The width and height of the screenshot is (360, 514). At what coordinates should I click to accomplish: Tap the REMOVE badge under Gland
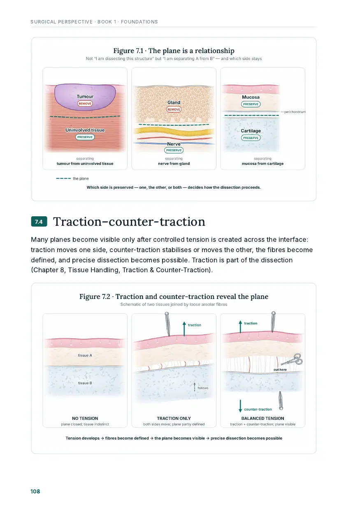click(x=174, y=109)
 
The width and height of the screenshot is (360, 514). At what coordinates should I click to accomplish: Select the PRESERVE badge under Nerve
click(x=174, y=150)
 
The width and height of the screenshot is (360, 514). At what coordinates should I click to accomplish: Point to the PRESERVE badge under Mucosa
click(x=251, y=104)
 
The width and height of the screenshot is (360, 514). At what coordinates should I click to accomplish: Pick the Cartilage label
click(x=251, y=131)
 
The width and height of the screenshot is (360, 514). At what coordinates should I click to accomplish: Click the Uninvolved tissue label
click(x=85, y=130)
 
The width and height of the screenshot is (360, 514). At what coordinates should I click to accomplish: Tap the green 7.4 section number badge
click(x=39, y=222)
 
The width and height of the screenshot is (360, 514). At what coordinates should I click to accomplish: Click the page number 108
click(x=35, y=491)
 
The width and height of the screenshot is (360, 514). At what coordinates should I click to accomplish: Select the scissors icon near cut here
click(x=292, y=360)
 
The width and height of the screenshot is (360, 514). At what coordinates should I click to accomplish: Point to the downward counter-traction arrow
click(x=240, y=406)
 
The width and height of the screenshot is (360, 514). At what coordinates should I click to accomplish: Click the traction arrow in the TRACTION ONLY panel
click(x=184, y=329)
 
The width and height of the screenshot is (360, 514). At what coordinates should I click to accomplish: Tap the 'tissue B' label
click(x=85, y=383)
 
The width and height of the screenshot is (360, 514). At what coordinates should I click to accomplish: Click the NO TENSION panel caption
click(x=85, y=418)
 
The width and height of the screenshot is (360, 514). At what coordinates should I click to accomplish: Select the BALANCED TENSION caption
click(x=262, y=418)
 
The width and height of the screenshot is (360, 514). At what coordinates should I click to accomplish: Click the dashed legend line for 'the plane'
click(x=63, y=178)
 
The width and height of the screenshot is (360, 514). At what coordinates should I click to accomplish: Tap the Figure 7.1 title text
click(x=174, y=51)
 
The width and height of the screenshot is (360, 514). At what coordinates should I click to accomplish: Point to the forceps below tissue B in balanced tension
click(x=281, y=401)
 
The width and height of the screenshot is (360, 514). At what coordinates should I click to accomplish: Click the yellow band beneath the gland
click(x=174, y=132)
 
